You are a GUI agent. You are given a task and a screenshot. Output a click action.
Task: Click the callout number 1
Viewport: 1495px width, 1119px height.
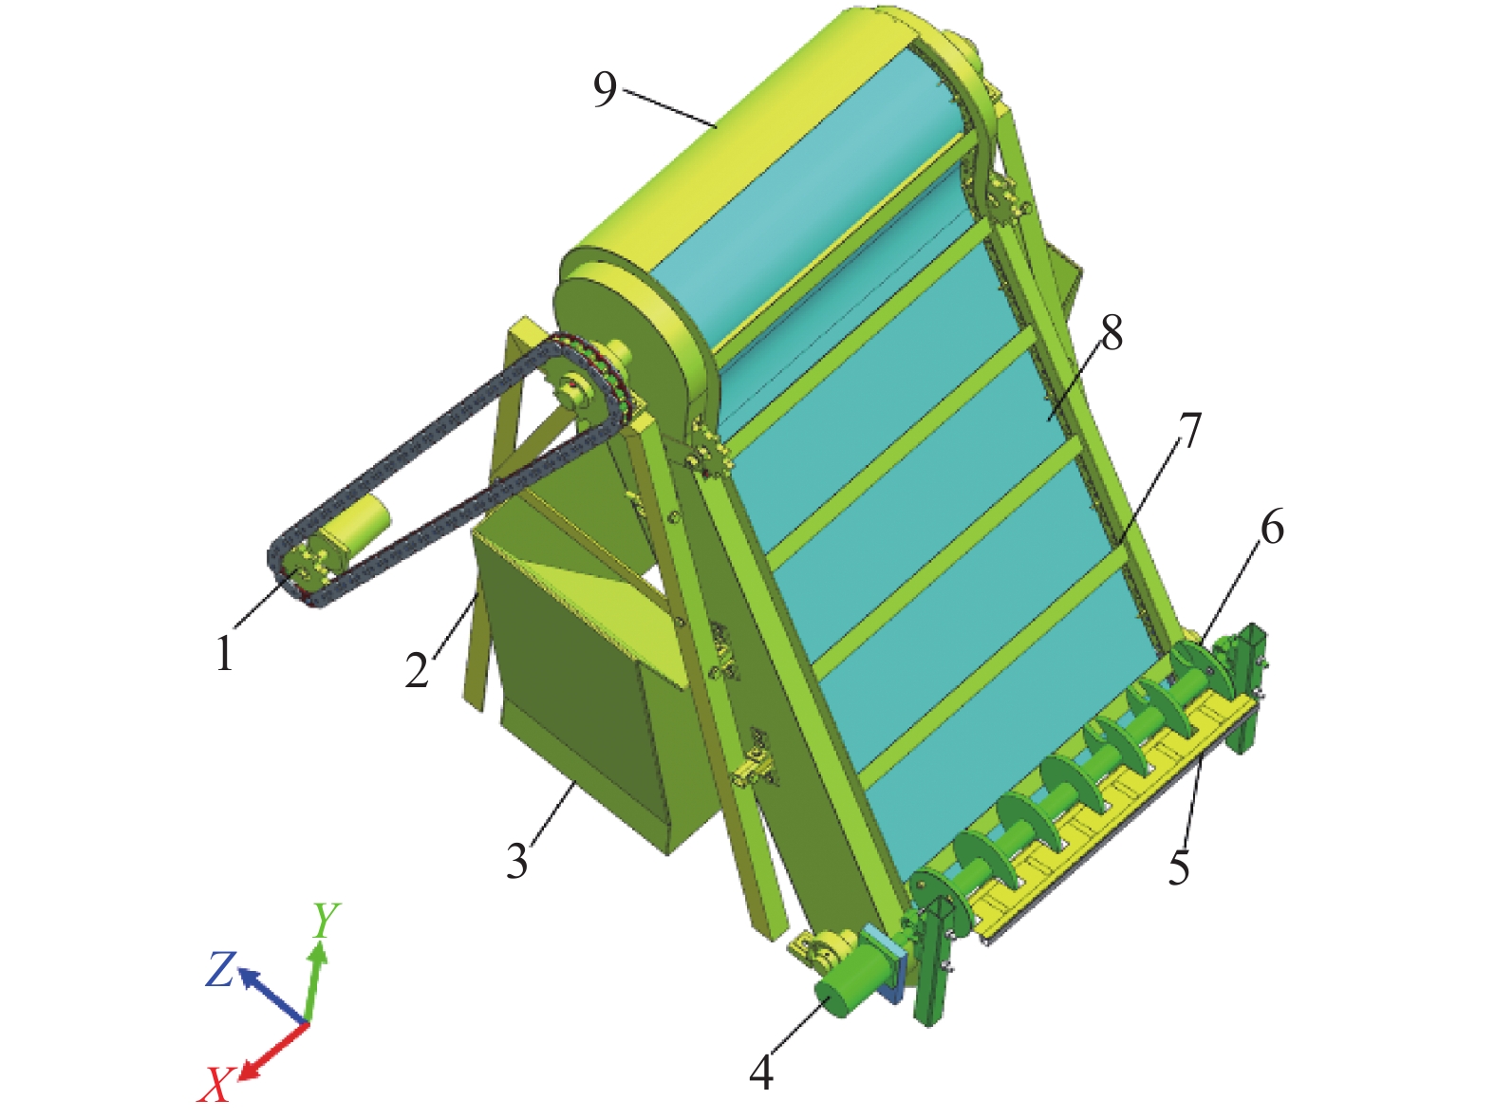pos(224,652)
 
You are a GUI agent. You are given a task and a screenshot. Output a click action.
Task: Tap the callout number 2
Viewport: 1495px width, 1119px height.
pos(417,669)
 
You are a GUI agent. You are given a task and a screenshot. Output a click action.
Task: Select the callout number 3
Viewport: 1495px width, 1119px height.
pos(517,861)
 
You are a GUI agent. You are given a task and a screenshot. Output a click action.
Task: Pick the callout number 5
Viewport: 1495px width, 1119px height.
pos(1179,867)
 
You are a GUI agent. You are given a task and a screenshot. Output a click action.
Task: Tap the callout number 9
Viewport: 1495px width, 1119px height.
pos(605,89)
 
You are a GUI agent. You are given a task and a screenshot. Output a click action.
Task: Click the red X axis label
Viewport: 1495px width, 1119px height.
pos(215,1084)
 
